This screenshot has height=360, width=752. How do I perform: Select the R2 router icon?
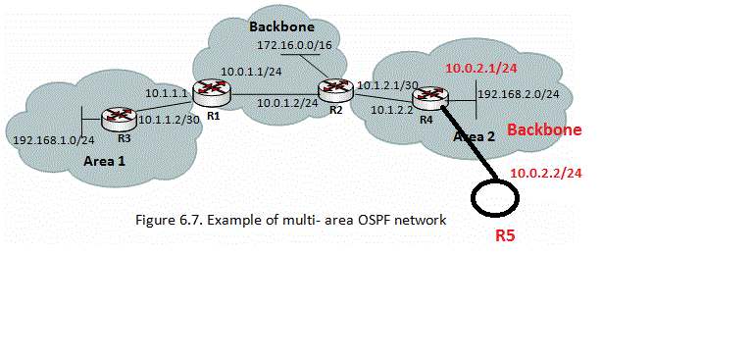tap(338, 89)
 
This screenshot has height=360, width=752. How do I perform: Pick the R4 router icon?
tap(430, 96)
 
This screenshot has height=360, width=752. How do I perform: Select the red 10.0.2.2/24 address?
tap(545, 174)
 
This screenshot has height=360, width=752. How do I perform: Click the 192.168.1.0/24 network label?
tap(47, 139)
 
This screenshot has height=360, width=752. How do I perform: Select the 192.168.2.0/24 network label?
tap(518, 94)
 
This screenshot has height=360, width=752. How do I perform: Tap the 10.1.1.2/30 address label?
tap(169, 120)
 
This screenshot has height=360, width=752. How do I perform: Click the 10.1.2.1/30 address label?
tap(386, 84)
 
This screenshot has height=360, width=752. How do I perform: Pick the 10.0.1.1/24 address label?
tap(253, 72)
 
